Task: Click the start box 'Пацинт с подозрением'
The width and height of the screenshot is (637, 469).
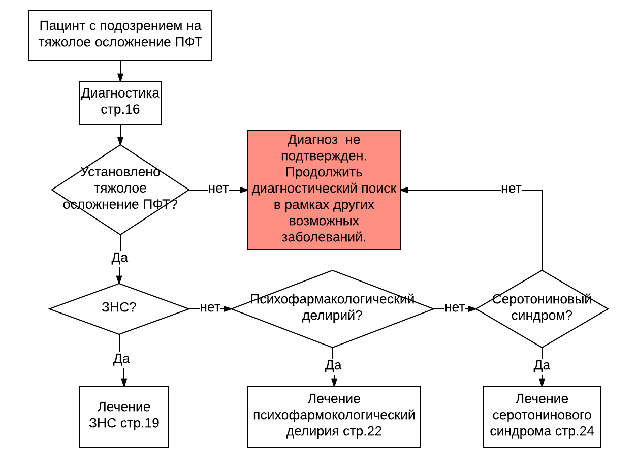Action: tap(120, 35)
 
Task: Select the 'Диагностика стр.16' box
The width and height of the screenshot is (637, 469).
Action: tap(120, 103)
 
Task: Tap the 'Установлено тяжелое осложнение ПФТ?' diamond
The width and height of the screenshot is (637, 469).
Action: tap(120, 190)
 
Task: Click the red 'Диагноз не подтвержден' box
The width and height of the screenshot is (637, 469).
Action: tap(324, 190)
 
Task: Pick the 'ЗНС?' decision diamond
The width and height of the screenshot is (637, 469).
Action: tap(119, 308)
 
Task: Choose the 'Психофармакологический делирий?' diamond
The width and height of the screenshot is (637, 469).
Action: tap(333, 308)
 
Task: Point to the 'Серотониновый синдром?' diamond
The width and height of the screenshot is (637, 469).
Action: tap(542, 308)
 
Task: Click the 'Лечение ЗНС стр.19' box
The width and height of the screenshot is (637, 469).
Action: tap(124, 416)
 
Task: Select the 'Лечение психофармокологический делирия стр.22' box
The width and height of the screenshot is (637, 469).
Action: tap(334, 416)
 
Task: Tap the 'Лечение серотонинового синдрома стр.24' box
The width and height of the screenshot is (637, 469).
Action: tap(542, 416)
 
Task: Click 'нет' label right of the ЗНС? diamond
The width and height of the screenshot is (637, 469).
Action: tap(210, 308)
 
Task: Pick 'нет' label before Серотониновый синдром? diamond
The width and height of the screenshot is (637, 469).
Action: tap(455, 308)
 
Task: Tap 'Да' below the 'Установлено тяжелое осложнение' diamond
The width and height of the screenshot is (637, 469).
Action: tap(120, 258)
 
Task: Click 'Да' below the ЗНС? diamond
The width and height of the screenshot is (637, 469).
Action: tap(121, 359)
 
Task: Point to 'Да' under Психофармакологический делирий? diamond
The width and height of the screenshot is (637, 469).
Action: tap(333, 365)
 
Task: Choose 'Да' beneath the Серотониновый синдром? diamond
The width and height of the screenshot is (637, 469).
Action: tap(542, 365)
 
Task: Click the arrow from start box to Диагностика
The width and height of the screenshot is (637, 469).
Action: tap(120, 71)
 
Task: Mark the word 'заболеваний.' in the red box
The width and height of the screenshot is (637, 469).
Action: tap(324, 237)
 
